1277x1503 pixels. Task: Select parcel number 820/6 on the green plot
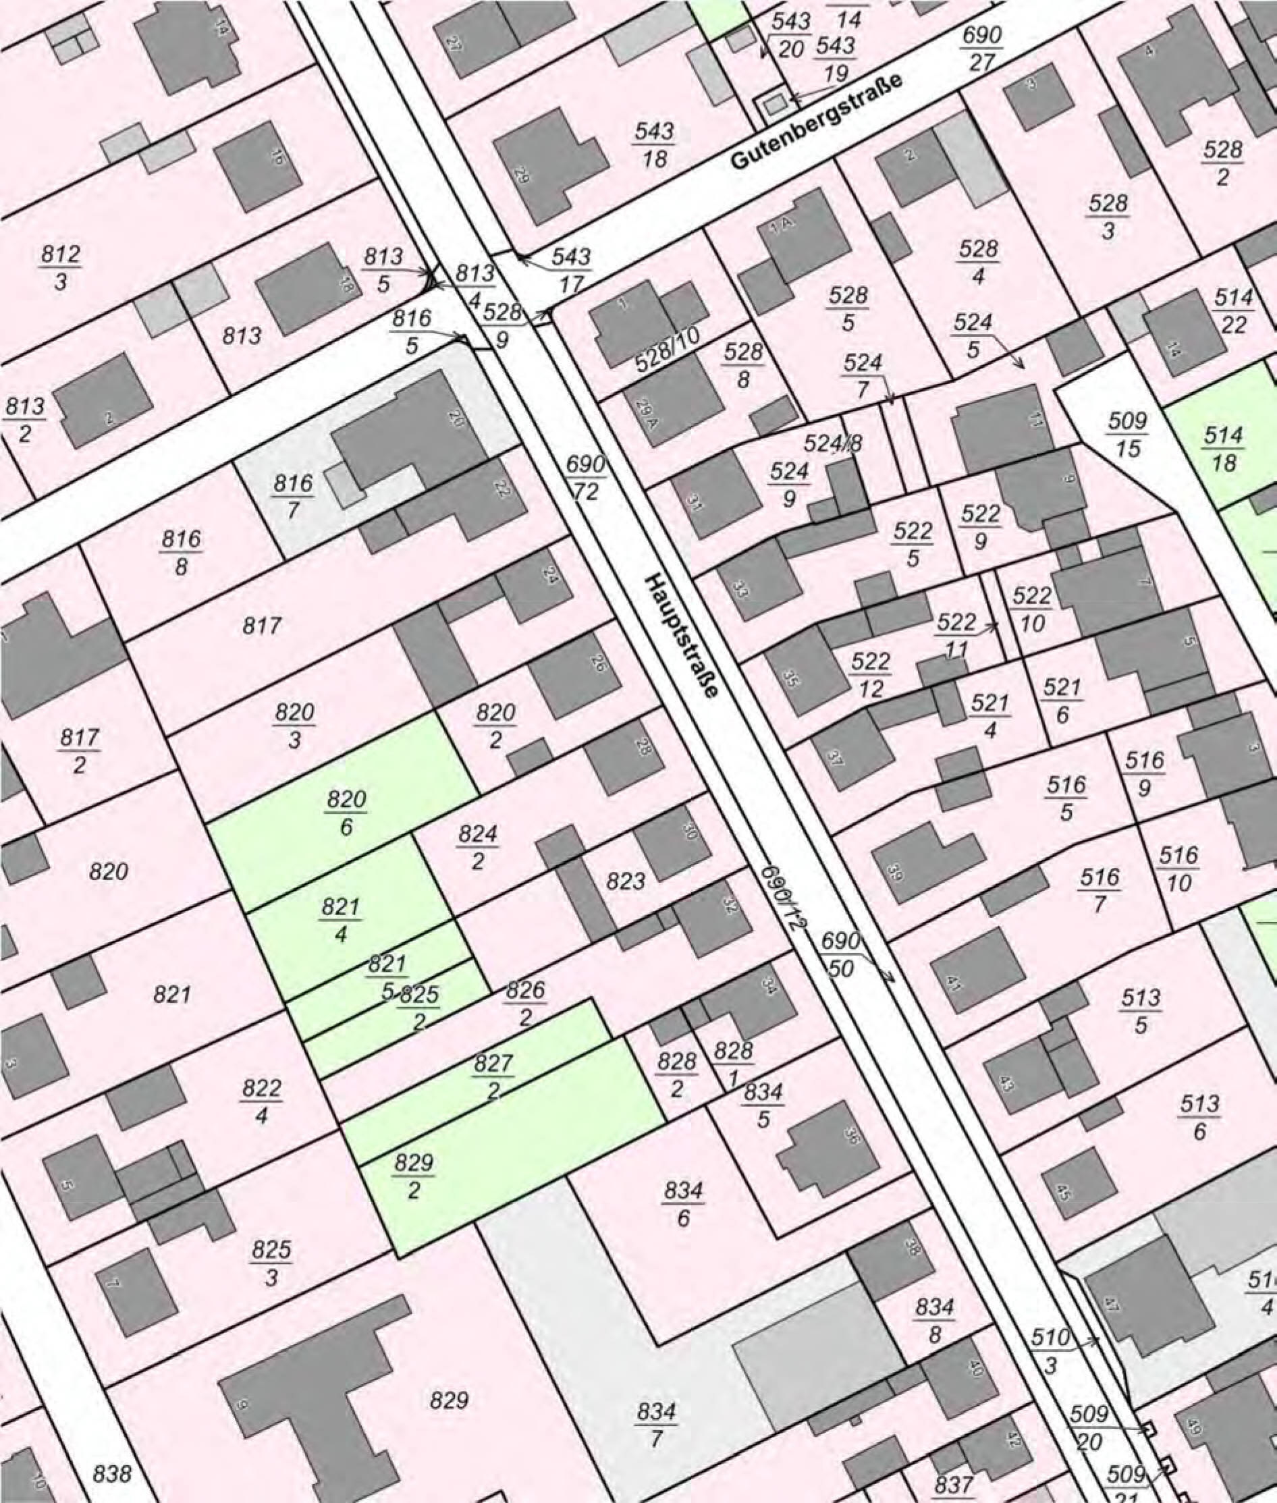[x=347, y=813]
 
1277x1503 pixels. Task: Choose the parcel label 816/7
[x=294, y=496]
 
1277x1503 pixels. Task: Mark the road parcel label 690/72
[x=586, y=478]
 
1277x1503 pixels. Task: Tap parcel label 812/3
[x=61, y=267]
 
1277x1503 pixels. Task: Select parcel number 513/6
[x=1199, y=1117]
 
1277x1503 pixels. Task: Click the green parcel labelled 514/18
[x=1223, y=449]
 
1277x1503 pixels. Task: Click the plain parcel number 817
[x=261, y=626]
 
